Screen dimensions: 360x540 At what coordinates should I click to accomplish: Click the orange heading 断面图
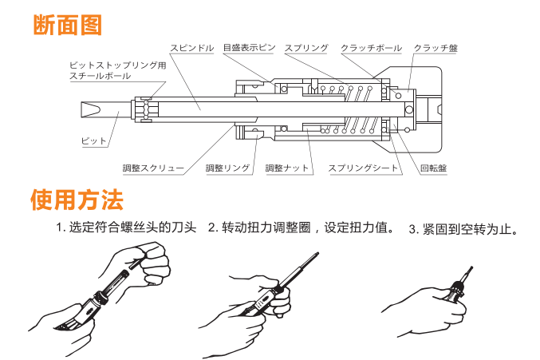(x=67, y=26)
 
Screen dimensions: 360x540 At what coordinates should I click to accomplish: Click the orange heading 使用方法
(x=77, y=198)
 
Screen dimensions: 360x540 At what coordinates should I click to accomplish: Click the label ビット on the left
(x=93, y=140)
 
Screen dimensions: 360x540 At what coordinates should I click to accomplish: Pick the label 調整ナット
(x=286, y=168)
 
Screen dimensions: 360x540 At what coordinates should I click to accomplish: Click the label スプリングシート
(x=363, y=168)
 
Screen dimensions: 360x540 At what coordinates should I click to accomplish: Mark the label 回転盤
(x=433, y=168)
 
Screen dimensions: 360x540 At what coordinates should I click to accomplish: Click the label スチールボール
(x=97, y=76)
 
